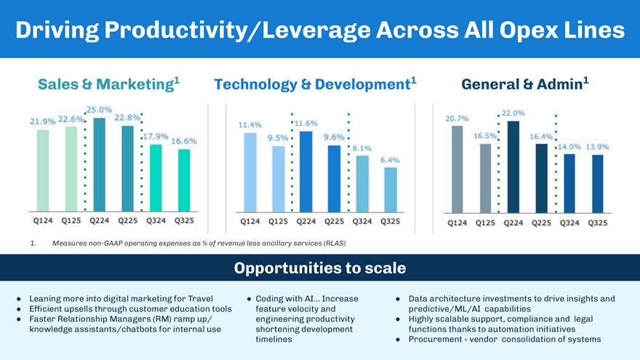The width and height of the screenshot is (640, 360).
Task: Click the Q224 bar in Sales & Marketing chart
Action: [x=99, y=164]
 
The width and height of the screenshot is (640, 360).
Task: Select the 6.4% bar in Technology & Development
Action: [x=391, y=189]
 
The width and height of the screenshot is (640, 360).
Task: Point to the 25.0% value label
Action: [x=99, y=109]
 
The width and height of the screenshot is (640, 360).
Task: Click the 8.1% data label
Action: [x=361, y=148]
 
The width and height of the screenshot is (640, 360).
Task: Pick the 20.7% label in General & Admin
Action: [x=457, y=117]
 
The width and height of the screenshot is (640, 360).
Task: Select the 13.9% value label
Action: [x=597, y=146]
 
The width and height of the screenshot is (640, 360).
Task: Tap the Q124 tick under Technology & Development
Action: [x=250, y=221]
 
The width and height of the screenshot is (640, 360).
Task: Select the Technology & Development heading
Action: [x=315, y=84]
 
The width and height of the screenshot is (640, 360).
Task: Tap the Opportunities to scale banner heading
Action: [x=320, y=268]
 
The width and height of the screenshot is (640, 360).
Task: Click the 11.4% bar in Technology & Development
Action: [x=250, y=172]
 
